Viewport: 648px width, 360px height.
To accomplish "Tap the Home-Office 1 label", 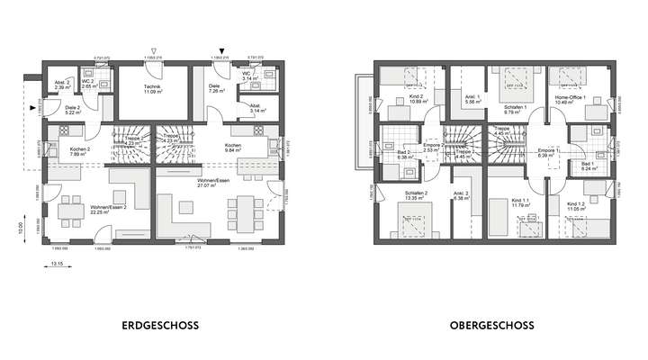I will [571, 97].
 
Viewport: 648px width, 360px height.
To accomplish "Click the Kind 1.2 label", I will [577, 204].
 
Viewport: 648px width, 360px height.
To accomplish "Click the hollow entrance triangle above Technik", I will [156, 52].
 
